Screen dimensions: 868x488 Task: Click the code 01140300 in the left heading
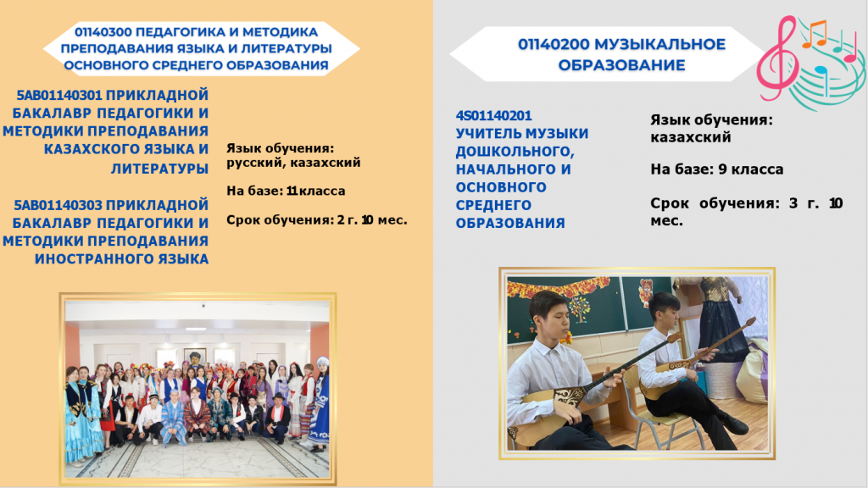tap(103, 32)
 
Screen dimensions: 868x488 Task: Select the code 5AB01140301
tap(59, 95)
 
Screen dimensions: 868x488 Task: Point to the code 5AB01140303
tap(58, 205)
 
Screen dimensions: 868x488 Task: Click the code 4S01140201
tap(493, 115)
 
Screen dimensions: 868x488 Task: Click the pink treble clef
tap(778, 58)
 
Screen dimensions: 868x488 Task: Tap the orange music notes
tap(814, 34)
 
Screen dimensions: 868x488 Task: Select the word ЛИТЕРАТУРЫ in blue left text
tap(159, 169)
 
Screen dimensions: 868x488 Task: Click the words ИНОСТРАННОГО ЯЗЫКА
tap(122, 259)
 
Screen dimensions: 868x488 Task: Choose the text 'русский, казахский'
tap(293, 163)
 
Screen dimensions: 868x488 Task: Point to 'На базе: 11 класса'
tap(286, 191)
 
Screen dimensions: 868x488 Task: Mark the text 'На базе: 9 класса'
tap(717, 169)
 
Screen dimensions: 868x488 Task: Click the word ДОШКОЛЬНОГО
tap(515, 151)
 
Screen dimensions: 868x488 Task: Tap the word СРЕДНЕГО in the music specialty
tap(493, 205)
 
